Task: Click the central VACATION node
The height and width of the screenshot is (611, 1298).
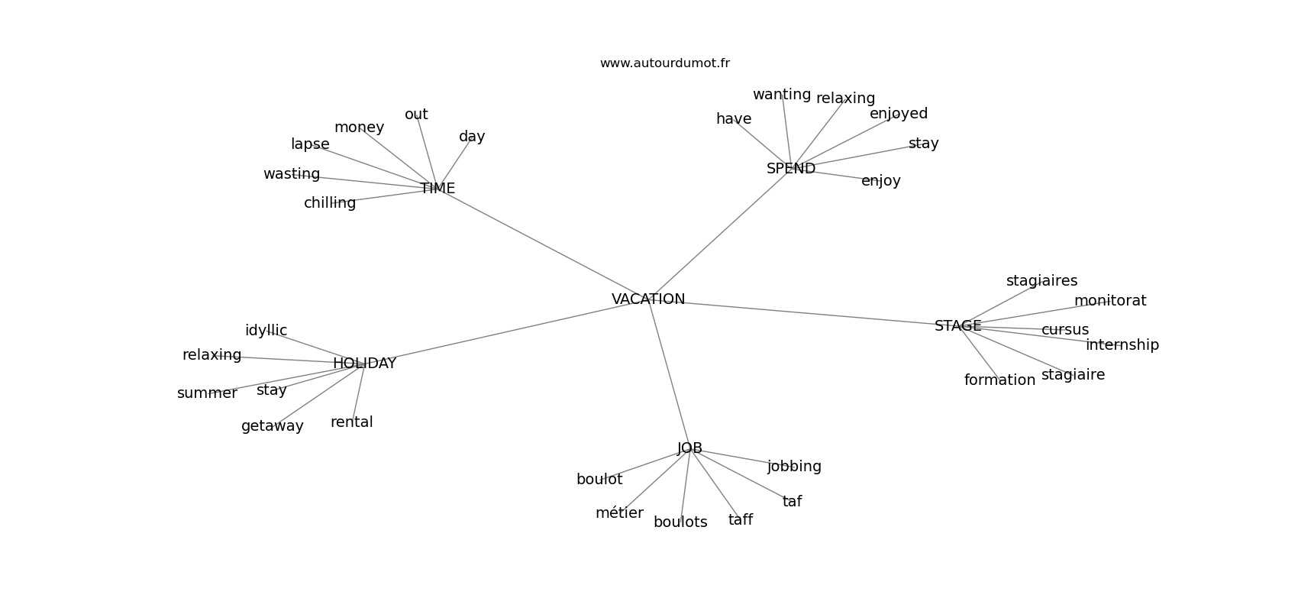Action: click(x=647, y=299)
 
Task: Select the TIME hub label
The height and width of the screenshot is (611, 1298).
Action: click(x=438, y=188)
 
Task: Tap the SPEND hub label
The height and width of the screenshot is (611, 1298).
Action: click(x=791, y=168)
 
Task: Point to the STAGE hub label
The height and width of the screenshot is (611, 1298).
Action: click(x=958, y=326)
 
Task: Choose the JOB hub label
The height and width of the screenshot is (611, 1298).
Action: click(x=689, y=448)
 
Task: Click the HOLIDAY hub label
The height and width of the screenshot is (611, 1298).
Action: click(x=364, y=363)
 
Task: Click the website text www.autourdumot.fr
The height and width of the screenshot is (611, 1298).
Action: click(x=664, y=63)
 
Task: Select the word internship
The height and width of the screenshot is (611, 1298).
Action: click(x=1122, y=345)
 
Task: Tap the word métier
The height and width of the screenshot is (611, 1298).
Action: click(x=619, y=512)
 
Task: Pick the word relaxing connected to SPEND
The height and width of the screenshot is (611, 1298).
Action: click(x=845, y=99)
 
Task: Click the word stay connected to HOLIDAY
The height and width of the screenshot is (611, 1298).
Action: click(x=272, y=390)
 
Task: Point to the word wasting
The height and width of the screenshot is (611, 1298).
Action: click(x=292, y=174)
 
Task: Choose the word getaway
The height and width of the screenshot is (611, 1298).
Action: click(x=273, y=426)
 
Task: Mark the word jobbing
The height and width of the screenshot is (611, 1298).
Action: click(x=794, y=467)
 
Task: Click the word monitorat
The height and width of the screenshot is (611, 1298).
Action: click(x=1110, y=300)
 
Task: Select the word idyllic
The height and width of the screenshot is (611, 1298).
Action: click(x=266, y=331)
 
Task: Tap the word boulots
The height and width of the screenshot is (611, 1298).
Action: click(x=680, y=522)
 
